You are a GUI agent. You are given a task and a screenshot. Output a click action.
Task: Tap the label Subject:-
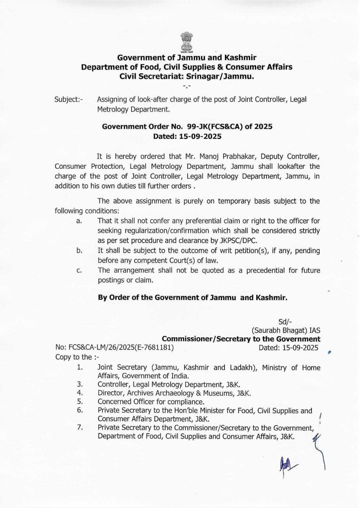69,99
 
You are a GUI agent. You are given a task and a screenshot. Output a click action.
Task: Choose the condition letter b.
79,251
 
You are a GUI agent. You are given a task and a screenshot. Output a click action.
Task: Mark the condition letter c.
79,270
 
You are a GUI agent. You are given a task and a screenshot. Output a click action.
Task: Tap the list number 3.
80,384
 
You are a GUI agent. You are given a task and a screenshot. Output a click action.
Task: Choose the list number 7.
80,428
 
